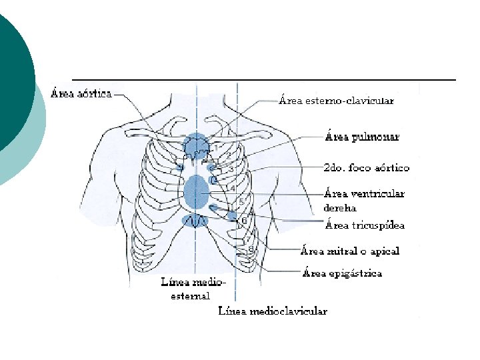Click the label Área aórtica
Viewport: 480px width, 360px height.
(81, 93)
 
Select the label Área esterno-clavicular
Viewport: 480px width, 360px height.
(336, 101)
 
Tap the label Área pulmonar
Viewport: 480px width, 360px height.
(362, 137)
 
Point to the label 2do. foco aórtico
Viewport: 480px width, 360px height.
(366, 168)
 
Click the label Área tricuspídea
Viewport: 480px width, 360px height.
(365, 225)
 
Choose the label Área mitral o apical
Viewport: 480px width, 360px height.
(350, 251)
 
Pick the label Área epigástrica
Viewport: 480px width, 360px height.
(342, 273)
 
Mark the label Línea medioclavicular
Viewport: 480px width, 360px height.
(273, 311)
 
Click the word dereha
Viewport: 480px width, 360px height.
(339, 208)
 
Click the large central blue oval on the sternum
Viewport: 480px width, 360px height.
(197, 191)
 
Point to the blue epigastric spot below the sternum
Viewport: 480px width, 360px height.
(195, 221)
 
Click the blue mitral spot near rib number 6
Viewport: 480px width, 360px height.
(233, 216)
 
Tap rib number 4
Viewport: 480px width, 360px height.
(233, 189)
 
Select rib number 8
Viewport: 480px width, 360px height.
(251, 249)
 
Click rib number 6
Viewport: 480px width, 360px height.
(244, 220)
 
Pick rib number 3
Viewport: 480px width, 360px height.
(231, 170)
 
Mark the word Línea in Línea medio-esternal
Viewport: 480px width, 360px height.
(175, 282)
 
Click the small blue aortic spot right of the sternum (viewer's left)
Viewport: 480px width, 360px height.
(179, 166)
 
